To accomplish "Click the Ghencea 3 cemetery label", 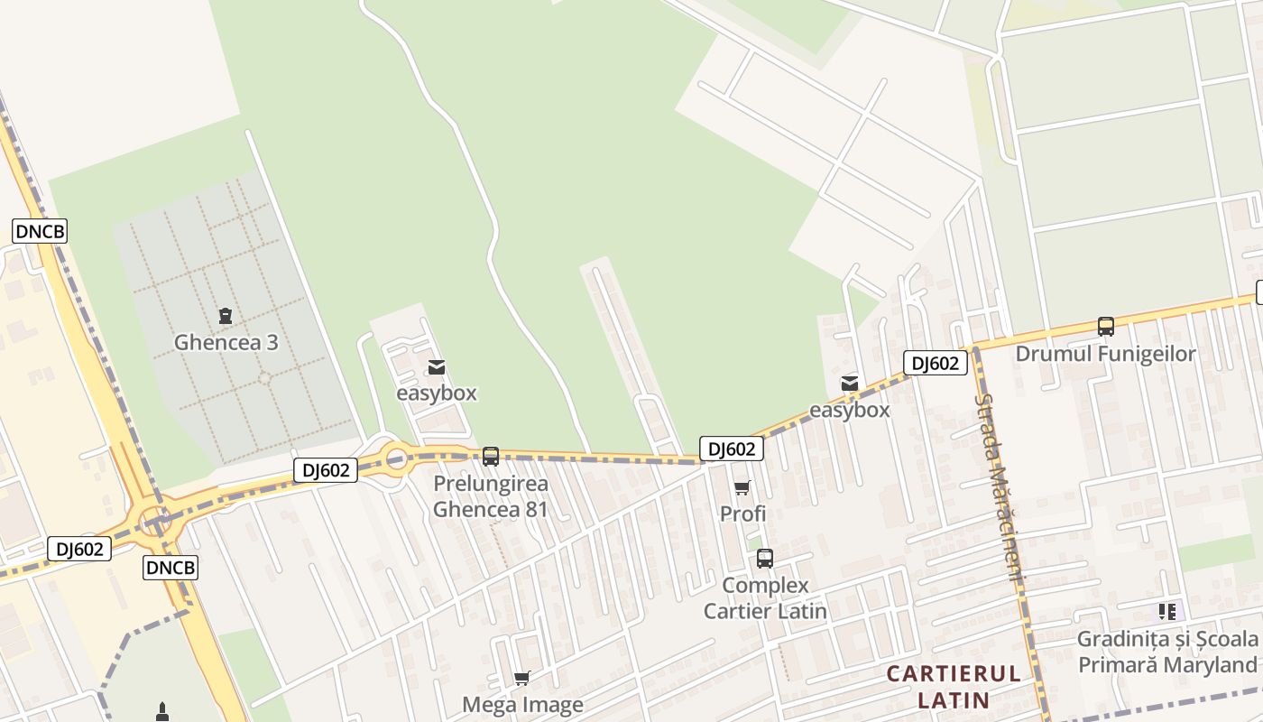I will tap(226, 343).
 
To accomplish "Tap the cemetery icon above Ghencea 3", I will tap(226, 316).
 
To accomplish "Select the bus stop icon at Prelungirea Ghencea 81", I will tap(491, 456).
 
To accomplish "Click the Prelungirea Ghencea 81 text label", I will tap(491, 496).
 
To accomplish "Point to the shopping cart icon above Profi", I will tap(742, 488).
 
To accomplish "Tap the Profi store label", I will tap(742, 514).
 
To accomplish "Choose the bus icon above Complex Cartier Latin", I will tap(765, 559).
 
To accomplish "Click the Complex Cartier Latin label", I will tap(765, 598).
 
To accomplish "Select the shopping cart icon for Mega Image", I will tap(522, 678).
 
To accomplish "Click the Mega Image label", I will tap(522, 704).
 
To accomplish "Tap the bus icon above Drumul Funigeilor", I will tap(1106, 327).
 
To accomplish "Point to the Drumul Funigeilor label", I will tap(1106, 354).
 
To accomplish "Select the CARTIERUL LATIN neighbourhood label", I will tap(954, 686).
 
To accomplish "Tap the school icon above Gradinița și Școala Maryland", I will tap(1167, 612).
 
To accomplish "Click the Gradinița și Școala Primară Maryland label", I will tap(1167, 652).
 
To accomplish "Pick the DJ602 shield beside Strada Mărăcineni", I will tap(936, 363).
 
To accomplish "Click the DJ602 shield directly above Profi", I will tap(732, 449).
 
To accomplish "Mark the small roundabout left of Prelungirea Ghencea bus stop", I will tap(396, 459).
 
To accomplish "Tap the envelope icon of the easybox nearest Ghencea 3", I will tap(437, 367).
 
